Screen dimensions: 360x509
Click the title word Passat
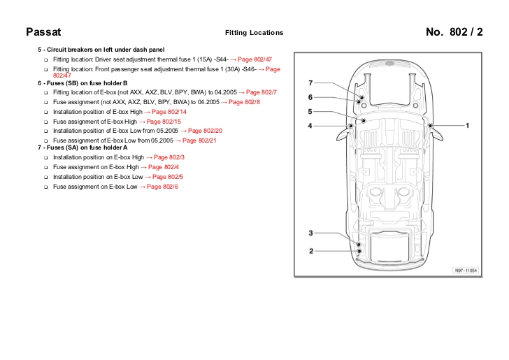[43, 32]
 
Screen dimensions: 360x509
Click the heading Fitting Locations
[254, 33]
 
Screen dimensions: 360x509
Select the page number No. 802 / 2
[454, 32]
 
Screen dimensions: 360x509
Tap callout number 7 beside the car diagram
[310, 83]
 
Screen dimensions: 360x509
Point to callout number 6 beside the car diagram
[310, 97]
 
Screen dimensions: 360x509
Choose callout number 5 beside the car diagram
[310, 111]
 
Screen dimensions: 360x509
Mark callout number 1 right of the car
[467, 126]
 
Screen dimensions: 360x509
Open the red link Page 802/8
[244, 102]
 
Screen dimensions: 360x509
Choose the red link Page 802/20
[205, 131]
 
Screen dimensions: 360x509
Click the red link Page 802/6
[162, 187]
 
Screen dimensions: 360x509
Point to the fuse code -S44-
[218, 60]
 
